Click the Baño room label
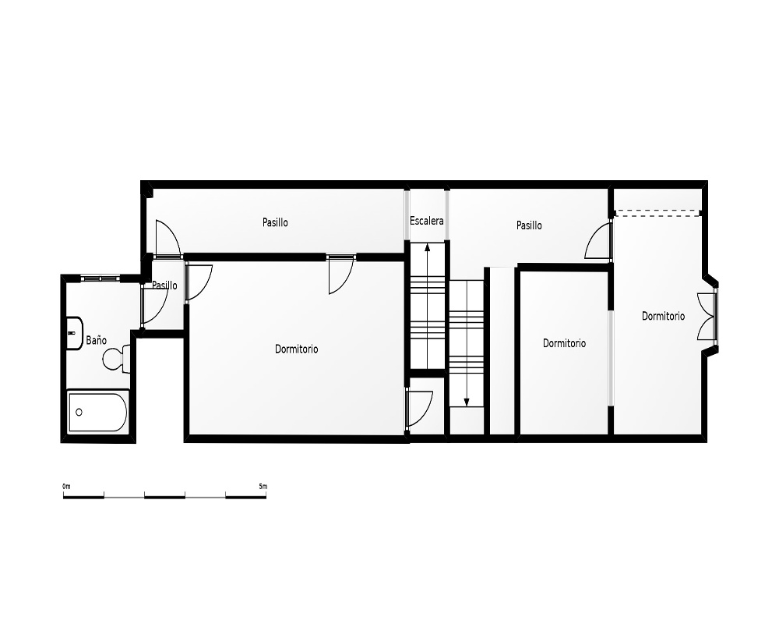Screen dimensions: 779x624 pos(97,340)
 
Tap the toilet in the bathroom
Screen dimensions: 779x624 pos(116,359)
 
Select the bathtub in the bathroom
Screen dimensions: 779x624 pos(98,412)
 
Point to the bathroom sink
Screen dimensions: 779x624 pos(75,333)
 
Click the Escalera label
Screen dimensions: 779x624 pos(427,221)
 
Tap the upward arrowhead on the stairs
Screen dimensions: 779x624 pos(427,247)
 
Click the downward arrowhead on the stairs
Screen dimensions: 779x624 pos(467,402)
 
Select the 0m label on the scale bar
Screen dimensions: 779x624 pos(66,486)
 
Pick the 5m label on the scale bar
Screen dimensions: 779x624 pos(263,486)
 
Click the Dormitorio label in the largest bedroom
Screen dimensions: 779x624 pos(297,349)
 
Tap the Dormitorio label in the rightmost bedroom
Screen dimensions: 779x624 pos(663,316)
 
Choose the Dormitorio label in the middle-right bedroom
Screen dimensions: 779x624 pos(564,343)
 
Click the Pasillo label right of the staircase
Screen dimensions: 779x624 pos(529,225)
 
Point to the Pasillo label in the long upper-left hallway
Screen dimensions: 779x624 pos(275,222)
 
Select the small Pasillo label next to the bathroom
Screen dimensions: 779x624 pos(164,285)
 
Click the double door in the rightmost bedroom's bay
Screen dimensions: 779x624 pos(707,317)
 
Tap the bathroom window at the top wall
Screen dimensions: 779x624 pos(100,278)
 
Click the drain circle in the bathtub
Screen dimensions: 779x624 pos(79,412)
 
